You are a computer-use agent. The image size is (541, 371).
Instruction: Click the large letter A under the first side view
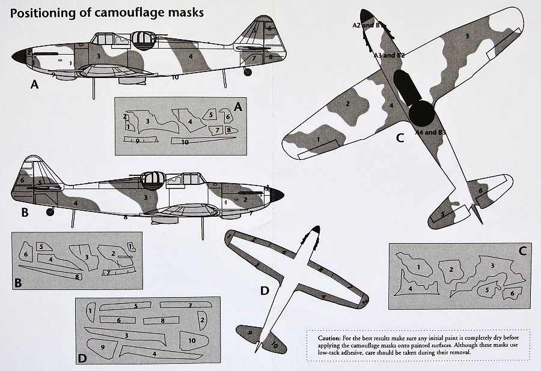[x=34, y=85]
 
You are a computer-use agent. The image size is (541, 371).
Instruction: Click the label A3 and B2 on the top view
[x=389, y=55]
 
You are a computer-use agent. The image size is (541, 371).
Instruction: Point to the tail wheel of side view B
[x=50, y=211]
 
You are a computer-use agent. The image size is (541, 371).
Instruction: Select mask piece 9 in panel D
[x=103, y=347]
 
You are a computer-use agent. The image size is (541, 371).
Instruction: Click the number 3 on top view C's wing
[x=466, y=37]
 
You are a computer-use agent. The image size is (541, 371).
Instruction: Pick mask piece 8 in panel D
[x=163, y=321]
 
